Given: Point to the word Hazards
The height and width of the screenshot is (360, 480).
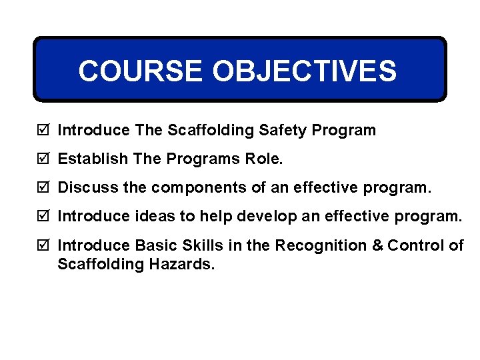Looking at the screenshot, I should tap(179, 265).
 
